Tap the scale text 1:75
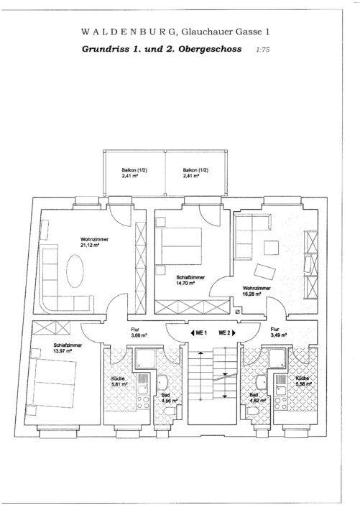tap(263, 50)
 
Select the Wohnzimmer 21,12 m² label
tap(94, 243)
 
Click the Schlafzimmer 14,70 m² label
tap(190, 280)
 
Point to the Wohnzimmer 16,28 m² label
tap(257, 291)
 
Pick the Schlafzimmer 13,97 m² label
tap(68, 348)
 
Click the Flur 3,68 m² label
tap(139, 332)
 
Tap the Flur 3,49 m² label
tap(278, 332)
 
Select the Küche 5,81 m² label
tap(119, 381)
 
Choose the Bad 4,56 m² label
tap(170, 398)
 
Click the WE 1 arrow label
tap(198, 333)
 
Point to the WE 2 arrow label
tap(227, 333)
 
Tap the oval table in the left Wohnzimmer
tap(75, 271)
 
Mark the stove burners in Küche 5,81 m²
tap(143, 402)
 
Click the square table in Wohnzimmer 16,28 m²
tap(271, 248)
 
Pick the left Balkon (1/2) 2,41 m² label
tap(134, 173)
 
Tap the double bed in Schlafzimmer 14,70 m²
tap(181, 246)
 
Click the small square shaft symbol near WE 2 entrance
tap(238, 312)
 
